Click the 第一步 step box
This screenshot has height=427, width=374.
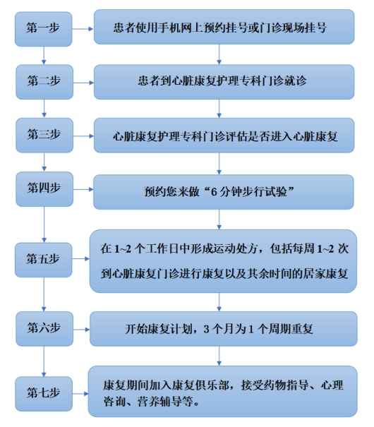pos(43,29)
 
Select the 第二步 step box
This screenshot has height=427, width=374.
pos(44,82)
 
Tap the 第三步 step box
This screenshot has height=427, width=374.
pos(44,136)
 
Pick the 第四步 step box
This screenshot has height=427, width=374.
pos(44,189)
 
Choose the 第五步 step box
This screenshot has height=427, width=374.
pos(43,260)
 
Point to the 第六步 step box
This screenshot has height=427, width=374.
pos(44,329)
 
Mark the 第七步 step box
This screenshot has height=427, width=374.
pos(44,394)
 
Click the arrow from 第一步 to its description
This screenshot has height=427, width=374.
pos(83,29)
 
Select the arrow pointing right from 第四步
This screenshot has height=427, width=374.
pos(83,189)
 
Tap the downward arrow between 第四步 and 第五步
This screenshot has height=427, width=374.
pos(44,224)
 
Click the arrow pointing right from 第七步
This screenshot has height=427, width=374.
pos(80,394)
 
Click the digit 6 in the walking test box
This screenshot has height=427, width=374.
pos(214,192)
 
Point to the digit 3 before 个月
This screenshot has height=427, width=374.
pos(206,329)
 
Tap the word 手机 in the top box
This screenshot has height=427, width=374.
pos(169,28)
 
